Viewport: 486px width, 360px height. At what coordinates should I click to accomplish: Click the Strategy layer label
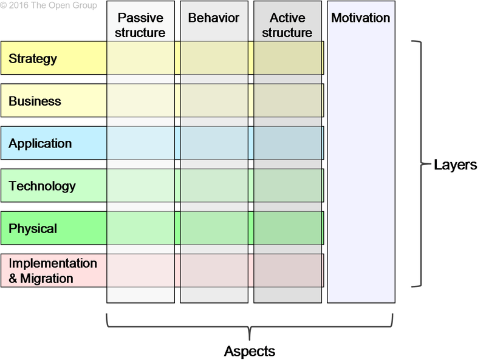coord(33,59)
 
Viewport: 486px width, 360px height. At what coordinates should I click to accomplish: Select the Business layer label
coord(35,101)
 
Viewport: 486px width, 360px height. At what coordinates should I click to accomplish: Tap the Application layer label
coord(40,144)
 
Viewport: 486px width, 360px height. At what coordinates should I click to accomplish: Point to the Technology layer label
coord(42,186)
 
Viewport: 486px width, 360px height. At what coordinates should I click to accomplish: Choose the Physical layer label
coord(33,229)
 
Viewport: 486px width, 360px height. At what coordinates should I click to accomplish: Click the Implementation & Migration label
coord(53,271)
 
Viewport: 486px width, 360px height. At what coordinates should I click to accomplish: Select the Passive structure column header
coord(140,25)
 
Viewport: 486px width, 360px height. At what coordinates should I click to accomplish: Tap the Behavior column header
coord(214,18)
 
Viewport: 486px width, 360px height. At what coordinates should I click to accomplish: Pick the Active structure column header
coord(287,25)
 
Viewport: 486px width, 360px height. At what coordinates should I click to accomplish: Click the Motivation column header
coord(361,18)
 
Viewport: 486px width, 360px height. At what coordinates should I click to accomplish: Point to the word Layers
coord(455,165)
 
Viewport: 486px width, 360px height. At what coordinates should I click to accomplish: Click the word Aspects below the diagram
coord(250,351)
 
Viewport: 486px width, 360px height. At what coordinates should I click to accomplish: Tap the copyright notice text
coord(49,5)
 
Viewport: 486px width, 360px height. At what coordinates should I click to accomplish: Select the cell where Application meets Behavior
coord(214,143)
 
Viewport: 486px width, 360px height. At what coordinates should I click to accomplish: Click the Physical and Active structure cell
coord(287,228)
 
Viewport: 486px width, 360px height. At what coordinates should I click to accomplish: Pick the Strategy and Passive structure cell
coord(140,58)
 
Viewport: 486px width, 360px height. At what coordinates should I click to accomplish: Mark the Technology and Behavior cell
coord(214,185)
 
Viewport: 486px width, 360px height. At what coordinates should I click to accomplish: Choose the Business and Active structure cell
coord(287,100)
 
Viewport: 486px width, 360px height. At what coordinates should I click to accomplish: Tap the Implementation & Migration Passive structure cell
coord(140,270)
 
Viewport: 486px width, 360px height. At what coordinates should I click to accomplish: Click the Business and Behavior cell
coord(214,100)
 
